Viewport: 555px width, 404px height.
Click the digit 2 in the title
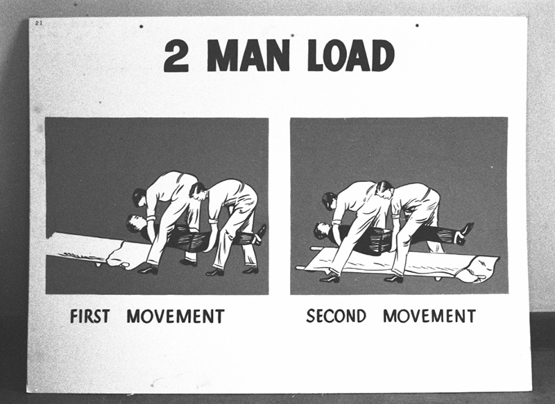point(176,56)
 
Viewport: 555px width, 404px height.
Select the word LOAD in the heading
point(351,56)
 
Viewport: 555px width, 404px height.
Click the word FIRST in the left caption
point(91,317)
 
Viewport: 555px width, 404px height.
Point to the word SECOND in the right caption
point(336,316)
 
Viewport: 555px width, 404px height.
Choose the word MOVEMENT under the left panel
point(175,317)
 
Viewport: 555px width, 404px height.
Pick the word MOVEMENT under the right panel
point(429,316)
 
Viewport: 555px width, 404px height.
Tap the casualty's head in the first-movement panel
point(135,223)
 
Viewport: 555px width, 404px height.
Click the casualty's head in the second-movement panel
point(322,230)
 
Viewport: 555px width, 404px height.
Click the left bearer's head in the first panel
point(139,197)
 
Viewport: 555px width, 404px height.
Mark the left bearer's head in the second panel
point(329,201)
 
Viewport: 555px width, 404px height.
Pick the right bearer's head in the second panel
point(384,187)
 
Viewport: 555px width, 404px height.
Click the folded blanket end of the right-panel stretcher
point(482,267)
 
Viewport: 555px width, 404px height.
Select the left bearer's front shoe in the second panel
point(329,278)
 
